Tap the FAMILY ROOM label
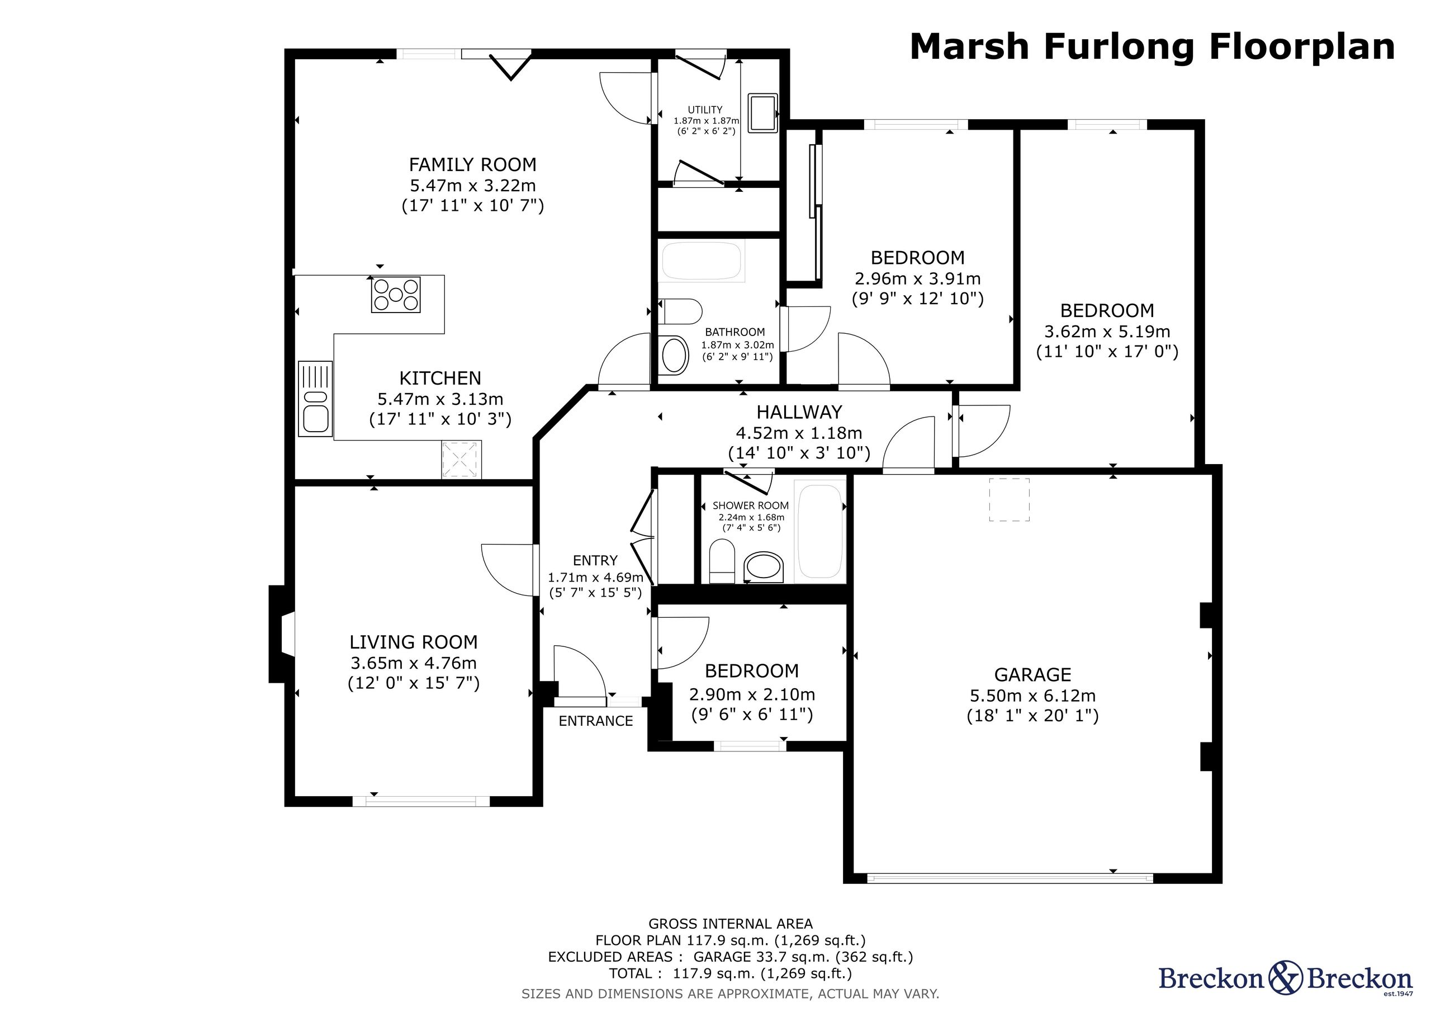click(x=472, y=164)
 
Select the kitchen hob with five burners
click(x=396, y=294)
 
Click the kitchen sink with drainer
click(x=315, y=398)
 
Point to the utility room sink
click(x=763, y=114)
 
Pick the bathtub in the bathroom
click(x=702, y=262)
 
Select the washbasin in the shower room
click(x=764, y=567)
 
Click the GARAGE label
click(x=1033, y=675)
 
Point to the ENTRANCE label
click(x=596, y=721)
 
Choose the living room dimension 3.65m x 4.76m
click(x=414, y=663)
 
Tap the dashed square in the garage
click(x=1009, y=499)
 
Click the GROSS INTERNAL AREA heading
click(x=731, y=924)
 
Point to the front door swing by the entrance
click(x=580, y=671)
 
